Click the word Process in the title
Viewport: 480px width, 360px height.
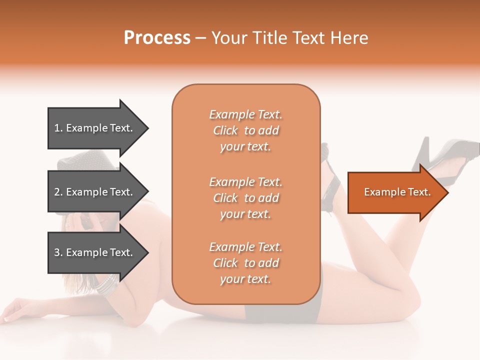coord(157,38)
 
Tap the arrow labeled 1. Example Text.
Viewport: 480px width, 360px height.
coord(95,128)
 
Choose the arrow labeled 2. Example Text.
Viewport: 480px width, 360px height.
coord(95,192)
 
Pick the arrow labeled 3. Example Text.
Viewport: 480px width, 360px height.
coord(95,252)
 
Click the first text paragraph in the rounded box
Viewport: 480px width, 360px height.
coord(245,130)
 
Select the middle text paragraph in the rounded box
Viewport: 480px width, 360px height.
coord(245,198)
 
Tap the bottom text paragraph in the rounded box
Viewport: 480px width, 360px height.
coord(245,263)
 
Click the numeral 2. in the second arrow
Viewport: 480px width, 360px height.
coord(58,192)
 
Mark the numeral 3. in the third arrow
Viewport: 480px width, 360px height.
coord(58,252)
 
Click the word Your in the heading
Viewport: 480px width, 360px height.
coord(228,38)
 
